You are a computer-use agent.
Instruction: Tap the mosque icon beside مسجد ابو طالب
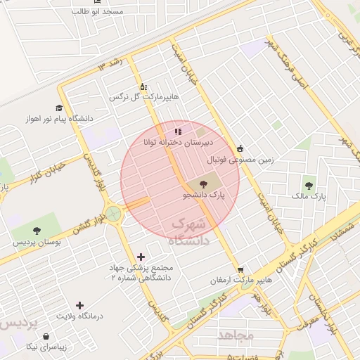tap(76, 12)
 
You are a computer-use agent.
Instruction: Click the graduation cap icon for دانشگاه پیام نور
tap(58, 108)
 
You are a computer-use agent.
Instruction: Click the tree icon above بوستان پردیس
tap(37, 231)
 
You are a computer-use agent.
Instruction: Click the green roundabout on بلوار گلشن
tap(113, 212)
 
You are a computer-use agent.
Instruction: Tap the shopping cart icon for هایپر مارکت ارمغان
tap(241, 269)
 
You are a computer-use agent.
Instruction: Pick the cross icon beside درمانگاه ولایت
tap(80, 305)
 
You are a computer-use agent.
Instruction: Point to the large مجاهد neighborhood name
tap(235, 335)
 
